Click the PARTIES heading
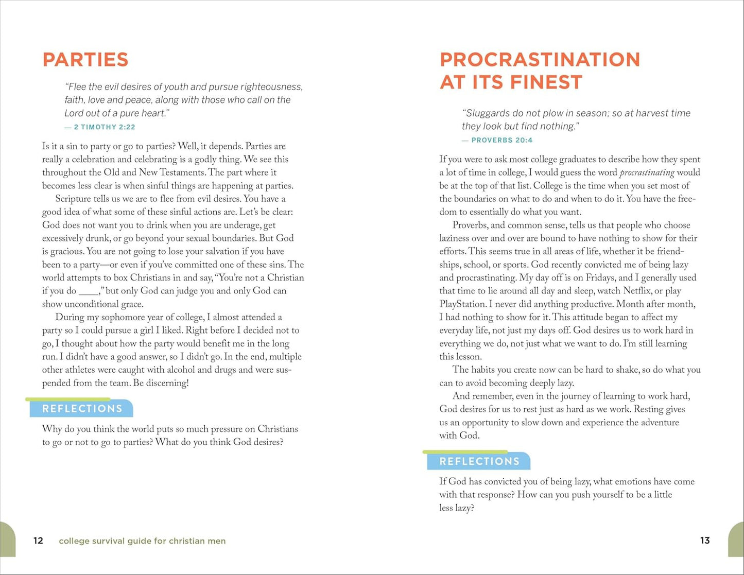click(x=85, y=60)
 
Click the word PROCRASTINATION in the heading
click(x=540, y=60)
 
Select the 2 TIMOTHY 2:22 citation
click(x=105, y=127)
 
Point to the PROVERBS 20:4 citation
click(x=502, y=140)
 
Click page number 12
click(x=38, y=541)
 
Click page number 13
click(x=705, y=541)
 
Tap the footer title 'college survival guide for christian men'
click(x=142, y=541)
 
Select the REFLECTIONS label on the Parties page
click(x=82, y=409)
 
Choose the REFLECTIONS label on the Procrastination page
click(x=479, y=461)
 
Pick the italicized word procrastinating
click(x=647, y=173)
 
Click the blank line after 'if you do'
click(x=88, y=291)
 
